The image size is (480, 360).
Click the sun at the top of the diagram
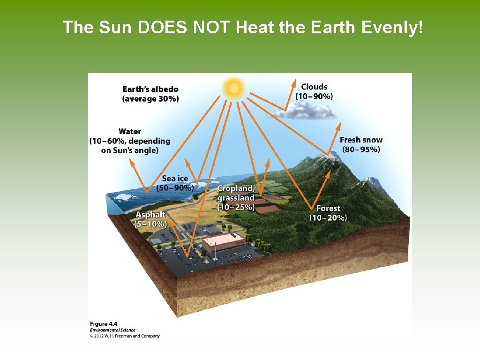233,87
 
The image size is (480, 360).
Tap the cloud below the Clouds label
312,111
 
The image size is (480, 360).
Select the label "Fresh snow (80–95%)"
361,144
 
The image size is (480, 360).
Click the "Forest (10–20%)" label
328,213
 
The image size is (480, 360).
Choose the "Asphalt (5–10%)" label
151,219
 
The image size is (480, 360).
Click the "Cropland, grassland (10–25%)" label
236,198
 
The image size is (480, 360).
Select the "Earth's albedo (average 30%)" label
150,94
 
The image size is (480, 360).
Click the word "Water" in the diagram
130,132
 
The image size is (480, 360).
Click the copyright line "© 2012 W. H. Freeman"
125,336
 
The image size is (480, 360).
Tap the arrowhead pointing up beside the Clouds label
294,83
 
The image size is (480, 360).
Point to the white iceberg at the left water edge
123,197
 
